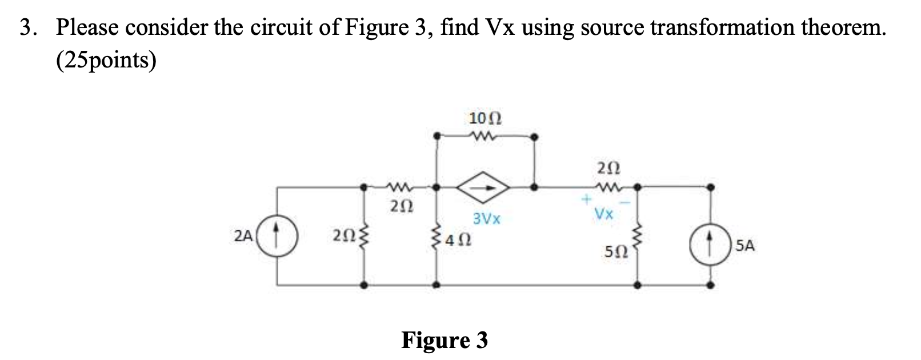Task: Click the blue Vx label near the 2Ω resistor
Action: click(604, 214)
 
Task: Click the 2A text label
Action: click(243, 234)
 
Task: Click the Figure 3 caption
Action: click(445, 340)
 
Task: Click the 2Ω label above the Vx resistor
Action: click(607, 169)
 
